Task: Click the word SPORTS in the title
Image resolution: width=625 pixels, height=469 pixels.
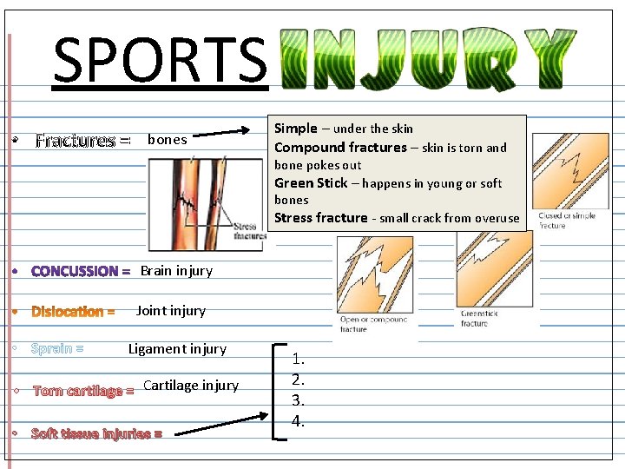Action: [160, 59]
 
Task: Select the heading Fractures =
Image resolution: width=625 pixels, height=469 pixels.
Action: [82, 140]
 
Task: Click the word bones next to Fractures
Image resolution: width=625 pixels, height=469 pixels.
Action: [168, 139]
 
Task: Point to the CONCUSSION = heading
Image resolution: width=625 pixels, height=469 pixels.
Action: [81, 271]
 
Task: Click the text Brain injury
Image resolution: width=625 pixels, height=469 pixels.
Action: [176, 270]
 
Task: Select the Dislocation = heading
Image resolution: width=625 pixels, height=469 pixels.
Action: [73, 311]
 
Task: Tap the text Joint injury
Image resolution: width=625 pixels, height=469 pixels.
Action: [171, 310]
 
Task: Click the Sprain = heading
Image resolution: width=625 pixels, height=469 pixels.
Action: [57, 349]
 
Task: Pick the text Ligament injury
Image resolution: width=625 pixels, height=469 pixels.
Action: [177, 349]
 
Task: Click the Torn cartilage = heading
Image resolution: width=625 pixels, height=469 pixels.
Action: [83, 391]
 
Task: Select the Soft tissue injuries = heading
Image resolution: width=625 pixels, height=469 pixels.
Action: [96, 433]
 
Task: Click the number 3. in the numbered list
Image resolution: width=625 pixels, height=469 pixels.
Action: [299, 400]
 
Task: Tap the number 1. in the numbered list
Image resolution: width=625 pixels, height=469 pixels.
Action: [299, 358]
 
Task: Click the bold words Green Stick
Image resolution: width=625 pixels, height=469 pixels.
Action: [310, 182]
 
